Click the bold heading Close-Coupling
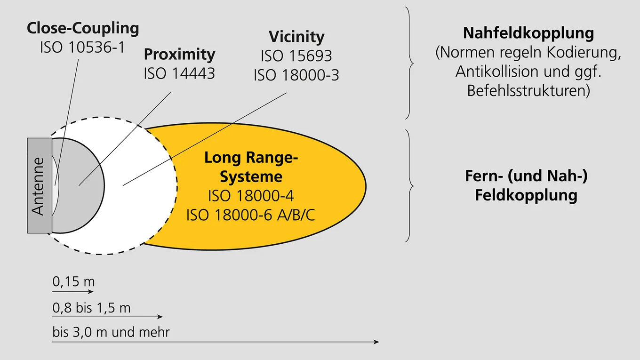83,29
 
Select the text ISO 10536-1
83,48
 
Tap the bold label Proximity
179,55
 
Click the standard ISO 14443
179,73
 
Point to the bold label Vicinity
296,37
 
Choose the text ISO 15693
296,56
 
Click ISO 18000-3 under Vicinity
296,75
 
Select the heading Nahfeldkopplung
528,33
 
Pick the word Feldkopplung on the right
526,195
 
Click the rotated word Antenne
39,186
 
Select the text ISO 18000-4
251,196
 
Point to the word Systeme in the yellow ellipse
251,177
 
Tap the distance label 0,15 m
74,282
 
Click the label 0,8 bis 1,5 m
91,308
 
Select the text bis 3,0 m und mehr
111,332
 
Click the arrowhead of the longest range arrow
376,342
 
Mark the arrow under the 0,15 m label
73,292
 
